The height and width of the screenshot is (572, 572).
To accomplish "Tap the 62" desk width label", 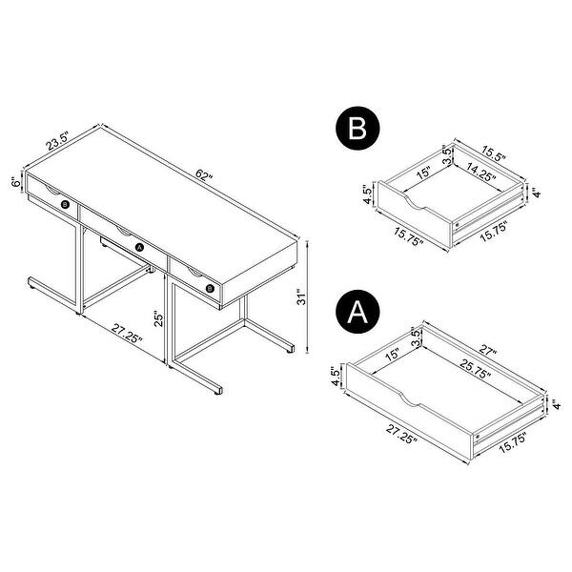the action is coord(204,175).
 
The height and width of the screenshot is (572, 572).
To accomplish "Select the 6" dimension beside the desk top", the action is coord(16,182).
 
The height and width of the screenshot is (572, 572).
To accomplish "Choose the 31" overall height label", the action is coord(301,296).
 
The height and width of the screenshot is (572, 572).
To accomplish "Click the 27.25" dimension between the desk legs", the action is coord(127,334).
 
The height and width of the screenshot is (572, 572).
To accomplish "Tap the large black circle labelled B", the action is coord(357,128).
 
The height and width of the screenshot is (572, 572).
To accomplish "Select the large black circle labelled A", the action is coord(357,312).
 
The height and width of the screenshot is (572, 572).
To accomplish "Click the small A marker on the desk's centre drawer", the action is coord(139,248).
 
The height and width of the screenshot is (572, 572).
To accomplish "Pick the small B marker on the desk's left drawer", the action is coord(65,205).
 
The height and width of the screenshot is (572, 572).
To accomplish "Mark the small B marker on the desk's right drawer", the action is coord(210,289).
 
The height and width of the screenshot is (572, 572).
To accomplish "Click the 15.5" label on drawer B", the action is coord(493,153).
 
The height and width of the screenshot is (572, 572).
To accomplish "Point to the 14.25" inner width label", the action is coord(481,173).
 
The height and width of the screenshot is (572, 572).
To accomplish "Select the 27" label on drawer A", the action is coord(487,350).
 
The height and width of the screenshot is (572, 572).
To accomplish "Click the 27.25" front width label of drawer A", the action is coord(401,435).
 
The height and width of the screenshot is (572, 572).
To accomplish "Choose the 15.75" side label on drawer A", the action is coord(513,442).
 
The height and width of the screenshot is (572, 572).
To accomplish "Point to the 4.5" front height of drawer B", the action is coord(368,194).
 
